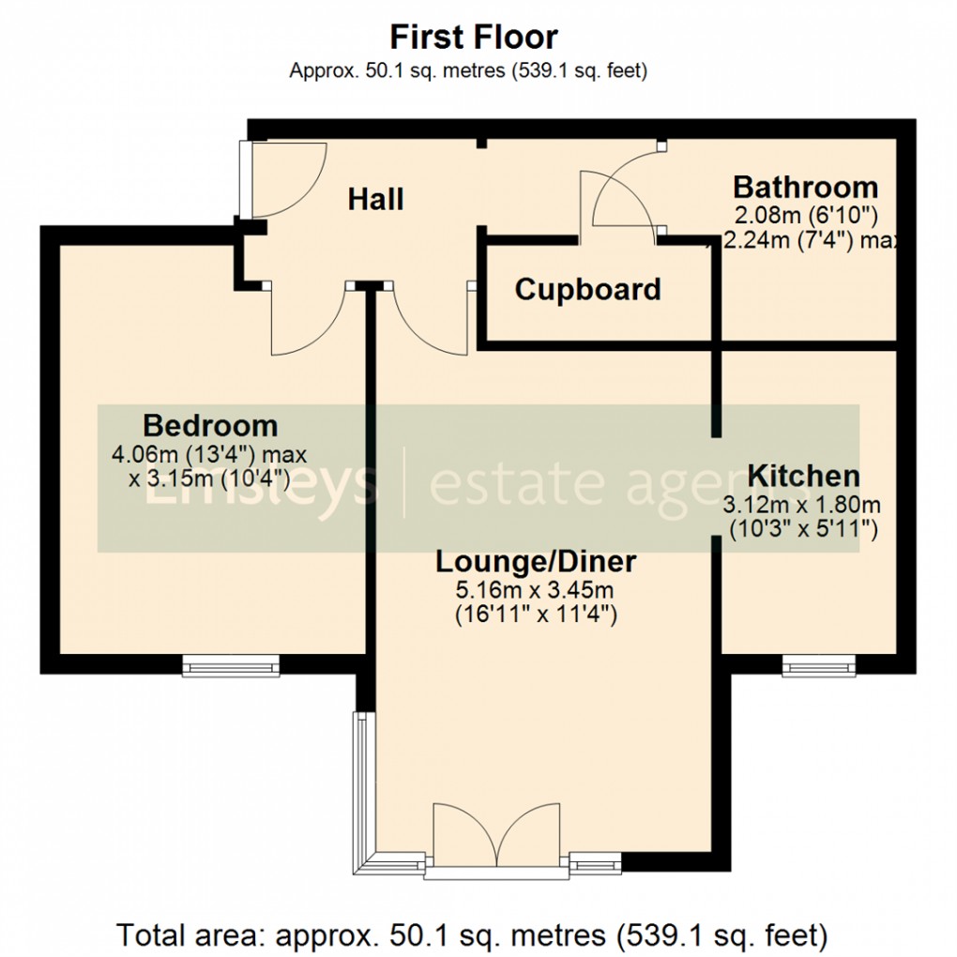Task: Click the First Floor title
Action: [x=474, y=38]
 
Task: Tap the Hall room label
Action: [x=375, y=199]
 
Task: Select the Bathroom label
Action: [x=805, y=186]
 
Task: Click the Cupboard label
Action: [x=587, y=290]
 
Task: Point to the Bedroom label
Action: [x=210, y=426]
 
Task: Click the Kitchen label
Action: [x=803, y=476]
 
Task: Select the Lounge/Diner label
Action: [x=536, y=562]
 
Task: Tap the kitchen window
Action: [x=806, y=666]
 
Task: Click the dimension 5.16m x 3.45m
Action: [x=536, y=591]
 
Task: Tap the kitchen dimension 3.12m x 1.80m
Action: [x=802, y=505]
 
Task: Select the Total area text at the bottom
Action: [x=473, y=934]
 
